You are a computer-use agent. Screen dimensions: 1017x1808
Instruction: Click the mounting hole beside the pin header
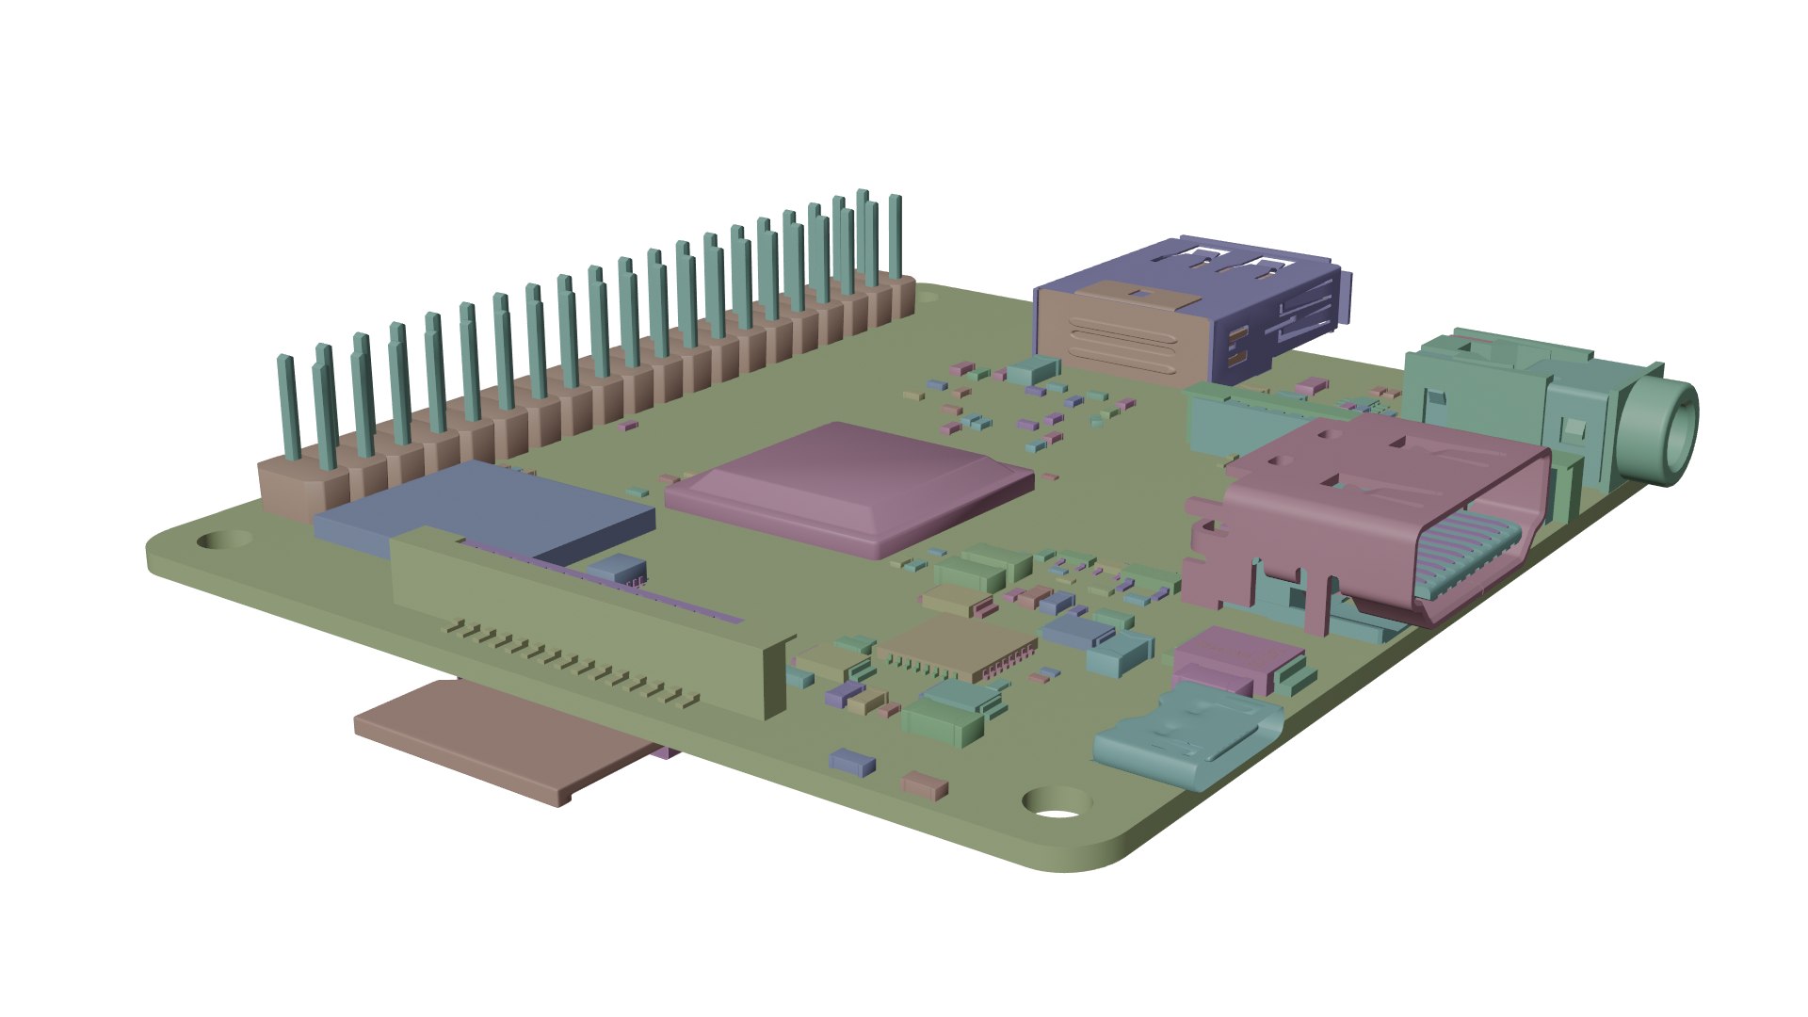tap(223, 541)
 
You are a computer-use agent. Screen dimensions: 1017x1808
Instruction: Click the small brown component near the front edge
tap(926, 784)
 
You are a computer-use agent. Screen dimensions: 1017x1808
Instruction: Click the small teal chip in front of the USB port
tap(1033, 369)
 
